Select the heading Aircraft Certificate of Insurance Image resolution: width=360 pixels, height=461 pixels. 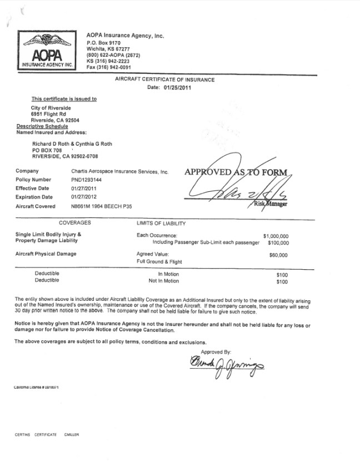coord(164,80)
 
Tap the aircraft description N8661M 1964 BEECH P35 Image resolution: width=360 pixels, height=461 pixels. coord(99,206)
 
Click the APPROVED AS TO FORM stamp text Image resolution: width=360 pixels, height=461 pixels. coord(236,172)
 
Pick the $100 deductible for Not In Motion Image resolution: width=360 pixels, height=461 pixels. coord(282,281)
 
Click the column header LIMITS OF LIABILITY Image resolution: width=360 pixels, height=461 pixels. coord(161,224)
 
